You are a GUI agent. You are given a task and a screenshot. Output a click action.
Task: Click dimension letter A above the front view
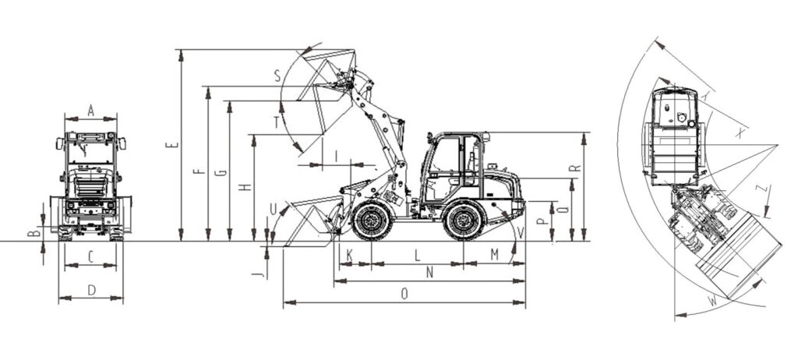tap(91, 111)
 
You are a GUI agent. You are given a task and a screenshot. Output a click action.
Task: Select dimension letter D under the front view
tap(92, 290)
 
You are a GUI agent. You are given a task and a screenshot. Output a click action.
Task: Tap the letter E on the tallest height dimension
tap(172, 145)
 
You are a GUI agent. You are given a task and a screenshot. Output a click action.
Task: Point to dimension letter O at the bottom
tap(404, 294)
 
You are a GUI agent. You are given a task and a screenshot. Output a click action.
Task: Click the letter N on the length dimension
tap(429, 273)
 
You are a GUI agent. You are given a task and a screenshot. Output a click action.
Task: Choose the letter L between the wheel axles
tap(418, 255)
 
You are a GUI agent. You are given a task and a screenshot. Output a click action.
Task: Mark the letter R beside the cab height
tap(574, 168)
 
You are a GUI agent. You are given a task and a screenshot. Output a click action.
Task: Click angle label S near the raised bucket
tap(277, 76)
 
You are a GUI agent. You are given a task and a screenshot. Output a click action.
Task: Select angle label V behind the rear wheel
tap(520, 233)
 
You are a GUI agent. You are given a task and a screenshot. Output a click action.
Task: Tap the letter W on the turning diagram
tap(712, 302)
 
